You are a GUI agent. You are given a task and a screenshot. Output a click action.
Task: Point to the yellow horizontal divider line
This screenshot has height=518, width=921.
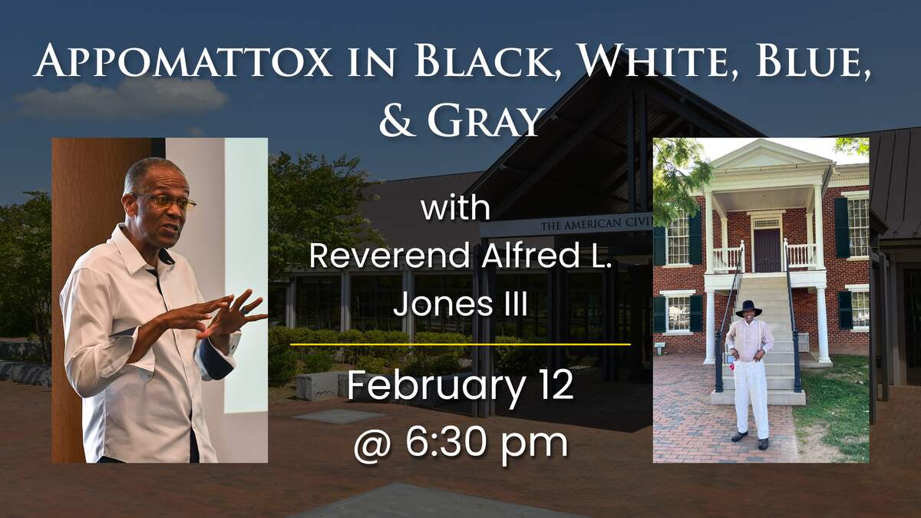pyautogui.click(x=460, y=345)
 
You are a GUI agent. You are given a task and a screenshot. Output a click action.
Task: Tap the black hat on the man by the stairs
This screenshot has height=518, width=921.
pyautogui.click(x=748, y=308)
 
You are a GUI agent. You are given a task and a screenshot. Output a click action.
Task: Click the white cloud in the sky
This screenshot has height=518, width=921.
pyautogui.click(x=123, y=99)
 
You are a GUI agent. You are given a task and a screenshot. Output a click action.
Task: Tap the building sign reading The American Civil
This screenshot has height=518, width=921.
pyautogui.click(x=596, y=225)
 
